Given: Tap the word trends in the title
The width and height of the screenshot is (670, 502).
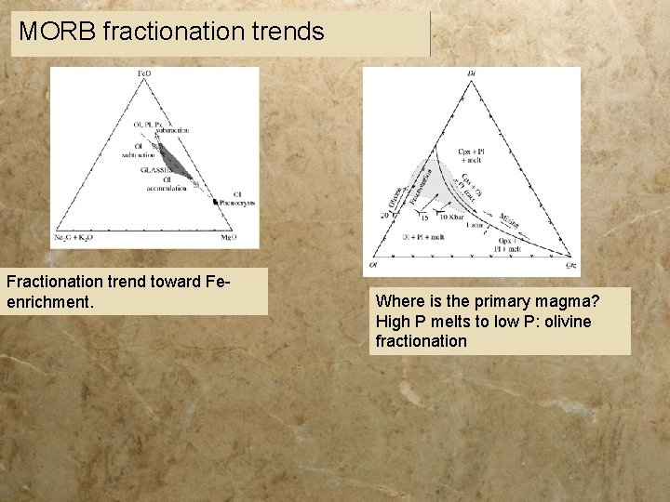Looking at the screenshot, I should [288, 33].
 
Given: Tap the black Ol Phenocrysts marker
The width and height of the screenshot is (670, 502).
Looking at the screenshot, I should [216, 202].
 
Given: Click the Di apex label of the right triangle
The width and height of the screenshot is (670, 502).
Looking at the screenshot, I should [471, 73].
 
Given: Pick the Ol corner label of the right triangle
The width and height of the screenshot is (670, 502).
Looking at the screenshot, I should [372, 265].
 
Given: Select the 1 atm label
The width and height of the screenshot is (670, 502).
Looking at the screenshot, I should [475, 226].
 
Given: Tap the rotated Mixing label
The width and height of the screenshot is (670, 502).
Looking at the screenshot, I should [508, 220].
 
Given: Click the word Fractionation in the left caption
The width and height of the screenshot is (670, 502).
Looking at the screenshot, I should [58, 280].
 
